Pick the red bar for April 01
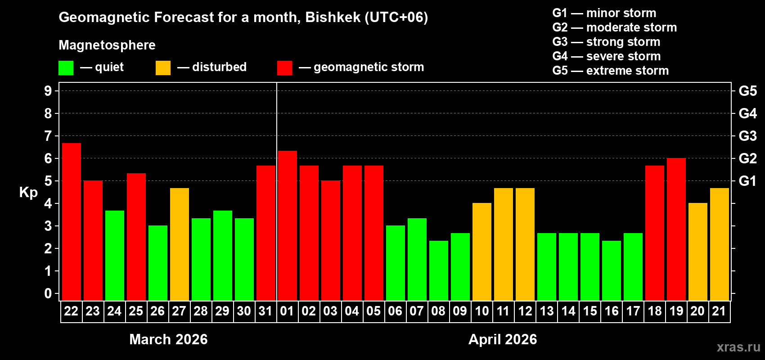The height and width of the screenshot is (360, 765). tap(288, 225)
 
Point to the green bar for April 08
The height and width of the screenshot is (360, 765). tap(439, 270)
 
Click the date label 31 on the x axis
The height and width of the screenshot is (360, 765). tap(265, 311)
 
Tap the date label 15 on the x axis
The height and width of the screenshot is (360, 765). tap(590, 311)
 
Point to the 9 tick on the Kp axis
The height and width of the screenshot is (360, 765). tap(48, 91)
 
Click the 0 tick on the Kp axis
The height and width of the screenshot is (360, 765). tap(48, 293)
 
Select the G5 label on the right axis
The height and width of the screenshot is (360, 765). tap(747, 91)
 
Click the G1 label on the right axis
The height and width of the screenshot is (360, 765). tap(747, 181)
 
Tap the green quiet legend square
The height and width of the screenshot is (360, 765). tap(66, 68)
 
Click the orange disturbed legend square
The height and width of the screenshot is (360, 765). tap(163, 68)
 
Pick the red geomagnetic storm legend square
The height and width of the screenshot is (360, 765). tap(285, 68)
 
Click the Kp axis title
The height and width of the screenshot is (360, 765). tap(28, 193)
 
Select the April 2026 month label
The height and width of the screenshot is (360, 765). tap(503, 339)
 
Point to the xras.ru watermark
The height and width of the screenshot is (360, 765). tap(738, 347)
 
